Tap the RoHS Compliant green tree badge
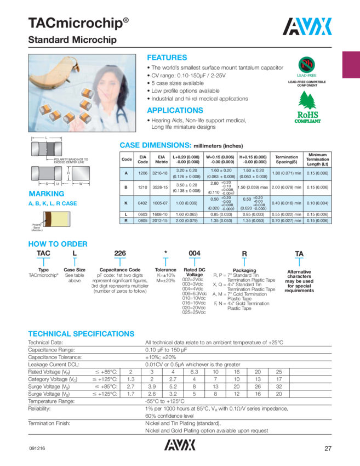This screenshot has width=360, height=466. click(x=310, y=109)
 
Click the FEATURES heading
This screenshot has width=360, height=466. click(x=167, y=58)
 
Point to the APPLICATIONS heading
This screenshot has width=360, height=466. click(x=175, y=110)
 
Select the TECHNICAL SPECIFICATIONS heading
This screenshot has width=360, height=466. click(x=81, y=333)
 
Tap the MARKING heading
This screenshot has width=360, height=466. click(x=47, y=194)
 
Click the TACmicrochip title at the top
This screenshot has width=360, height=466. click(x=78, y=23)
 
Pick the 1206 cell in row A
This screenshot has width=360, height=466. click(x=143, y=173)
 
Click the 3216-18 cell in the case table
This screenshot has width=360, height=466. click(x=162, y=173)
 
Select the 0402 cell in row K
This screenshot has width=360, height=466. click(x=143, y=202)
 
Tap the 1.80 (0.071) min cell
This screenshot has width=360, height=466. click(x=286, y=173)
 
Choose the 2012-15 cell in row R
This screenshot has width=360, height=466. click(x=162, y=220)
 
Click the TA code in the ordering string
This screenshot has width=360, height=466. click(x=299, y=253)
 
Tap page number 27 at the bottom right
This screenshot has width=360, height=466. click(x=328, y=448)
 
